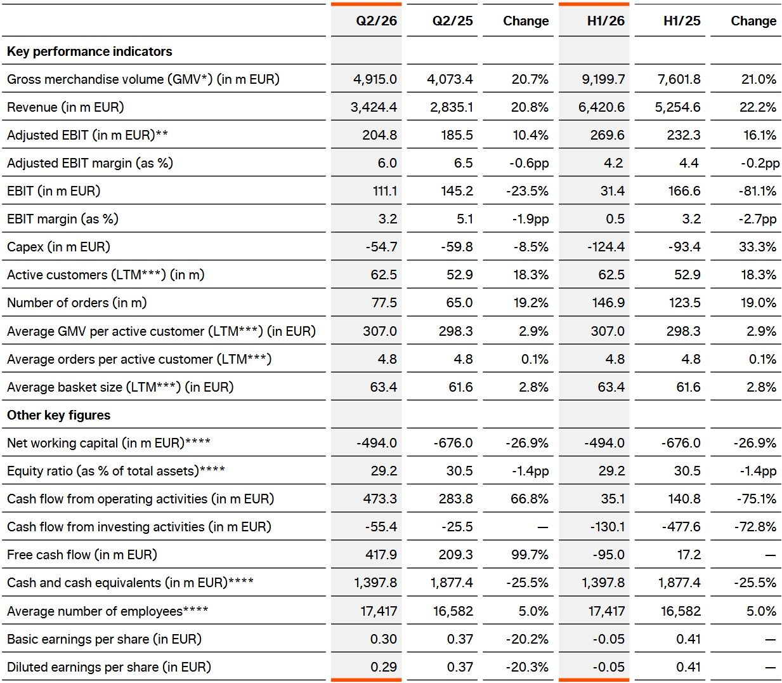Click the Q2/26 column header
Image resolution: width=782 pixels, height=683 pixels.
pyautogui.click(x=376, y=21)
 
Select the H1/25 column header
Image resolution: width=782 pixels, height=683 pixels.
pyautogui.click(x=682, y=21)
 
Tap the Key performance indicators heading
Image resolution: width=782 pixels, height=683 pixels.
pyautogui.click(x=89, y=51)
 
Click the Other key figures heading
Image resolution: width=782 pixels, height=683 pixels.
pyautogui.click(x=58, y=415)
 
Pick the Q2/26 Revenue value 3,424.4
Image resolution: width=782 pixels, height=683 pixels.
pyautogui.click(x=374, y=107)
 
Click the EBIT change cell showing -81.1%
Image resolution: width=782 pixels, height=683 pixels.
pyautogui.click(x=757, y=191)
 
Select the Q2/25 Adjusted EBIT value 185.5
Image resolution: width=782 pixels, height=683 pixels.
pyautogui.click(x=457, y=135)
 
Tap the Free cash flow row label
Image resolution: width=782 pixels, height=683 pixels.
pyautogui.click(x=82, y=555)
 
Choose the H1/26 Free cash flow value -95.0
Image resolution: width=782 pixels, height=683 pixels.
pyautogui.click(x=608, y=555)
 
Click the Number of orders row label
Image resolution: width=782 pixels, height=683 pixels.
pyautogui.click(x=77, y=303)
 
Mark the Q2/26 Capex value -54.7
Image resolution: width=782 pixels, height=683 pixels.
pyautogui.click(x=381, y=247)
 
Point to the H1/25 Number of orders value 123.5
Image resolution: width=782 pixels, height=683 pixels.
pyautogui.click(x=684, y=303)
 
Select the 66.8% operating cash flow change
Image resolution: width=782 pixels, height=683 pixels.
pyautogui.click(x=530, y=499)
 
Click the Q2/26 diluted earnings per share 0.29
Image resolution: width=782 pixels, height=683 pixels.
pyautogui.click(x=383, y=667)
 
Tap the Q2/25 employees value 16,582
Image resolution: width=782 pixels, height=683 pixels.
pyautogui.click(x=453, y=611)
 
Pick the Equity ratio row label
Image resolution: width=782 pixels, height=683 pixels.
pyautogui.click(x=116, y=471)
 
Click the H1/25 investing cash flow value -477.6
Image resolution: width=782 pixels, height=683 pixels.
pyautogui.click(x=681, y=527)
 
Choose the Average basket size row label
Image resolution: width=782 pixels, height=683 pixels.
pyautogui.click(x=120, y=387)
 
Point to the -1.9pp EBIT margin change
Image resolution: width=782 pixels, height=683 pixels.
pyautogui.click(x=530, y=219)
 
